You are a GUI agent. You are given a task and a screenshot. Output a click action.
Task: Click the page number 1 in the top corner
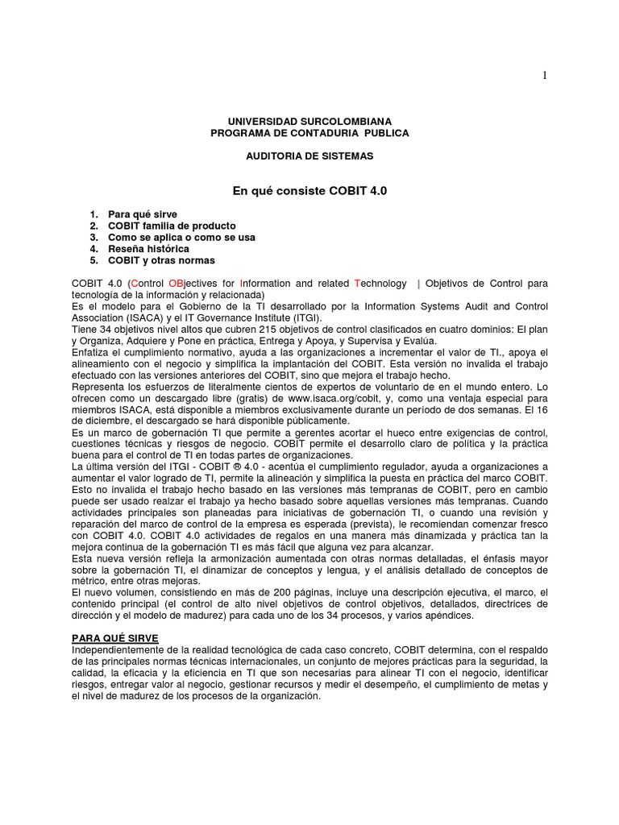click(x=544, y=76)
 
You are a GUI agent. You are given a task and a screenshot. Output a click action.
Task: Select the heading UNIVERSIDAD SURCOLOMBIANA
click(x=309, y=120)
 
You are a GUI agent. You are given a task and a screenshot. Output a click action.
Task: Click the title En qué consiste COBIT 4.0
click(x=309, y=191)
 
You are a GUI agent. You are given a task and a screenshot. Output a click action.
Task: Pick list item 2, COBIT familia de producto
click(x=172, y=226)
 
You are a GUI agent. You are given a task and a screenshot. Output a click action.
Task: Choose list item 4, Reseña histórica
click(x=148, y=249)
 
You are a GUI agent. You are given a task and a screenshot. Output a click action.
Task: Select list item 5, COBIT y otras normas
click(x=161, y=260)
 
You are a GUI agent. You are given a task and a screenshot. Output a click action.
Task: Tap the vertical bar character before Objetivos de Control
click(x=418, y=284)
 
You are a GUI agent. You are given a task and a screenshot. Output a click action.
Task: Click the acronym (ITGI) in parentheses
click(x=305, y=318)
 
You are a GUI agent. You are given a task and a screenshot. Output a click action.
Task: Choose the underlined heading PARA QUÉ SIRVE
click(x=115, y=638)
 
